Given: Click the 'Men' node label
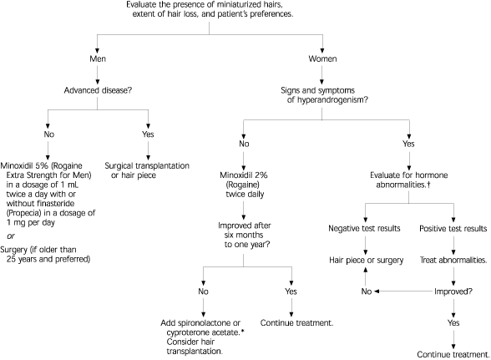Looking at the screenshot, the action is click(98, 58).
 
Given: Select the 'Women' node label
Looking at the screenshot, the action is click(322, 58).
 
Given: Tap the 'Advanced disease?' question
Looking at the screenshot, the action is click(98, 90).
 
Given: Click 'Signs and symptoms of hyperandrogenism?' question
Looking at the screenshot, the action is click(322, 95).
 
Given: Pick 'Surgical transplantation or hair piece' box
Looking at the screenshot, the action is click(147, 170).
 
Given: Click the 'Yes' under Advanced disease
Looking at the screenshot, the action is click(148, 134).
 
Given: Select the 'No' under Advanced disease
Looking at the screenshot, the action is click(48, 134).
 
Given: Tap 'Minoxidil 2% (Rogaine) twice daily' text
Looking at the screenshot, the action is click(244, 185).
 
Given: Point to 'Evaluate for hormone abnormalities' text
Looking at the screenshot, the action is click(408, 180).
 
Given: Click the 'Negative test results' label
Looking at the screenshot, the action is click(364, 228).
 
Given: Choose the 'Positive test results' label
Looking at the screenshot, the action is click(453, 228).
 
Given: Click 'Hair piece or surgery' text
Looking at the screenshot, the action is click(366, 260).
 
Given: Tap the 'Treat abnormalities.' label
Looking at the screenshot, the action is click(453, 260).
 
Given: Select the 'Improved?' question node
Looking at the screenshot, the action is click(453, 292).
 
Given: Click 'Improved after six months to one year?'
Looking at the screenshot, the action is click(244, 235).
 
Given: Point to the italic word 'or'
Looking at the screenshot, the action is click(11, 236).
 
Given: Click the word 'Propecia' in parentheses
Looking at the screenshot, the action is click(22, 213).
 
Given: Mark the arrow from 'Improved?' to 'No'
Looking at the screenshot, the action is click(404, 292).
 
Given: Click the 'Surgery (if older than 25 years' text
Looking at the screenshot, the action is click(45, 255).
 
